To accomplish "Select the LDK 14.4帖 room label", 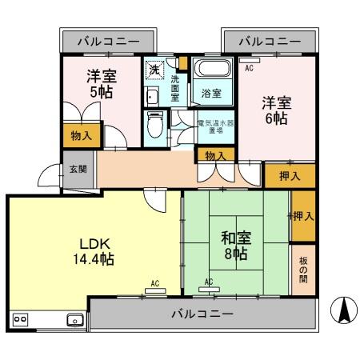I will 94,250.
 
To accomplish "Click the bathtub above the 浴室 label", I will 212,70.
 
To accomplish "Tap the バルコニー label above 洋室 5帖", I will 108,41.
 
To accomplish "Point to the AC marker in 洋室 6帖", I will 248,68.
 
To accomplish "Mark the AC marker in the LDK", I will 155,282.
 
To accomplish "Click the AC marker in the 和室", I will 209,282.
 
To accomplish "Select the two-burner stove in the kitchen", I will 21,319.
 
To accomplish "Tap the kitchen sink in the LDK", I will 74,320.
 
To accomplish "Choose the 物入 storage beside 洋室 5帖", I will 82,136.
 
